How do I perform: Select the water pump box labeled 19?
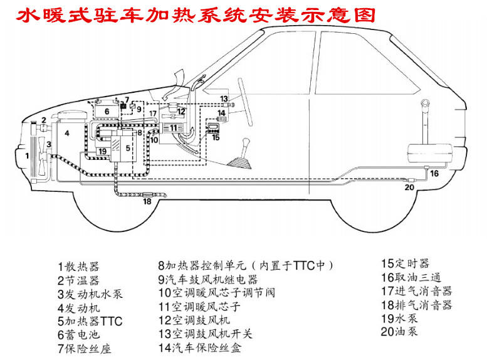click(102, 151)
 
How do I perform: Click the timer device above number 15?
click(212, 127)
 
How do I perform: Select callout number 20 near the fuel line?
click(410, 186)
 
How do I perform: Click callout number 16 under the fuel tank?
click(434, 174)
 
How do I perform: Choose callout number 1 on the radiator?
click(26, 154)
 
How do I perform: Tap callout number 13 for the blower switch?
click(224, 99)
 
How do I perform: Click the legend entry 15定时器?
click(406, 264)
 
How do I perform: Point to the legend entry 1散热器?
click(78, 266)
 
